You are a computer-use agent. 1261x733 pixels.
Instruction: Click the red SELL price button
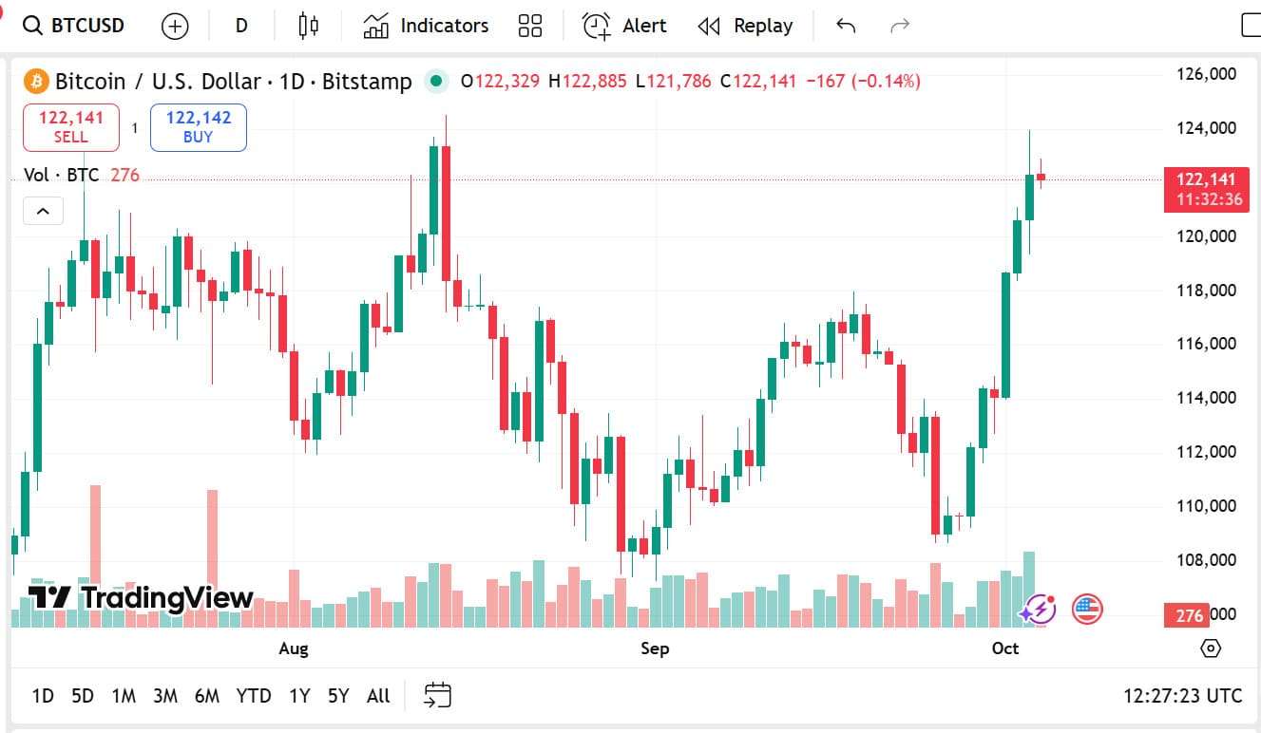coord(71,127)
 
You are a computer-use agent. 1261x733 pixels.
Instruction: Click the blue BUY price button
coord(198,127)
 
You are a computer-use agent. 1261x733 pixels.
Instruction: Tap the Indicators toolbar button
coord(426,26)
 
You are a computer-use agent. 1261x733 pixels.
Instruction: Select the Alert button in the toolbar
coord(624,26)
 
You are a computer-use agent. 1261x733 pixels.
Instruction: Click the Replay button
coord(745,26)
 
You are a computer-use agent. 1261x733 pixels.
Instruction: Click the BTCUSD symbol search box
coord(74,26)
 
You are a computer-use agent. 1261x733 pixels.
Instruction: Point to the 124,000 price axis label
coord(1206,128)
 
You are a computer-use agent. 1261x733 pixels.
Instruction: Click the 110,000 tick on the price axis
coord(1206,506)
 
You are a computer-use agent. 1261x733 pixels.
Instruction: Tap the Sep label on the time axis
coord(655,648)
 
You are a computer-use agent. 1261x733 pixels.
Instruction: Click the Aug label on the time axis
coord(294,648)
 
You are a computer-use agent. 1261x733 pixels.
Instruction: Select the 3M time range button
coord(165,696)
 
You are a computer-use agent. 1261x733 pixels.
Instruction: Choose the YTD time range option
coord(254,696)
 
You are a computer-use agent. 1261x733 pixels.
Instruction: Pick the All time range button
coord(378,696)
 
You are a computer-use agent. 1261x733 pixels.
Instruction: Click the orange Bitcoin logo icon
coord(36,82)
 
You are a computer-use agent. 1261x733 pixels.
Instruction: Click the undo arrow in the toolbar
coord(846,26)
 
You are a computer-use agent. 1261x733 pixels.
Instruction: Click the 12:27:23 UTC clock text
coord(1182,696)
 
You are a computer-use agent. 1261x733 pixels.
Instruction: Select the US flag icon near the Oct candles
coord(1087,609)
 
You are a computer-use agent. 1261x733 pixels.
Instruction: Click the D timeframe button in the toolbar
coord(241,26)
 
